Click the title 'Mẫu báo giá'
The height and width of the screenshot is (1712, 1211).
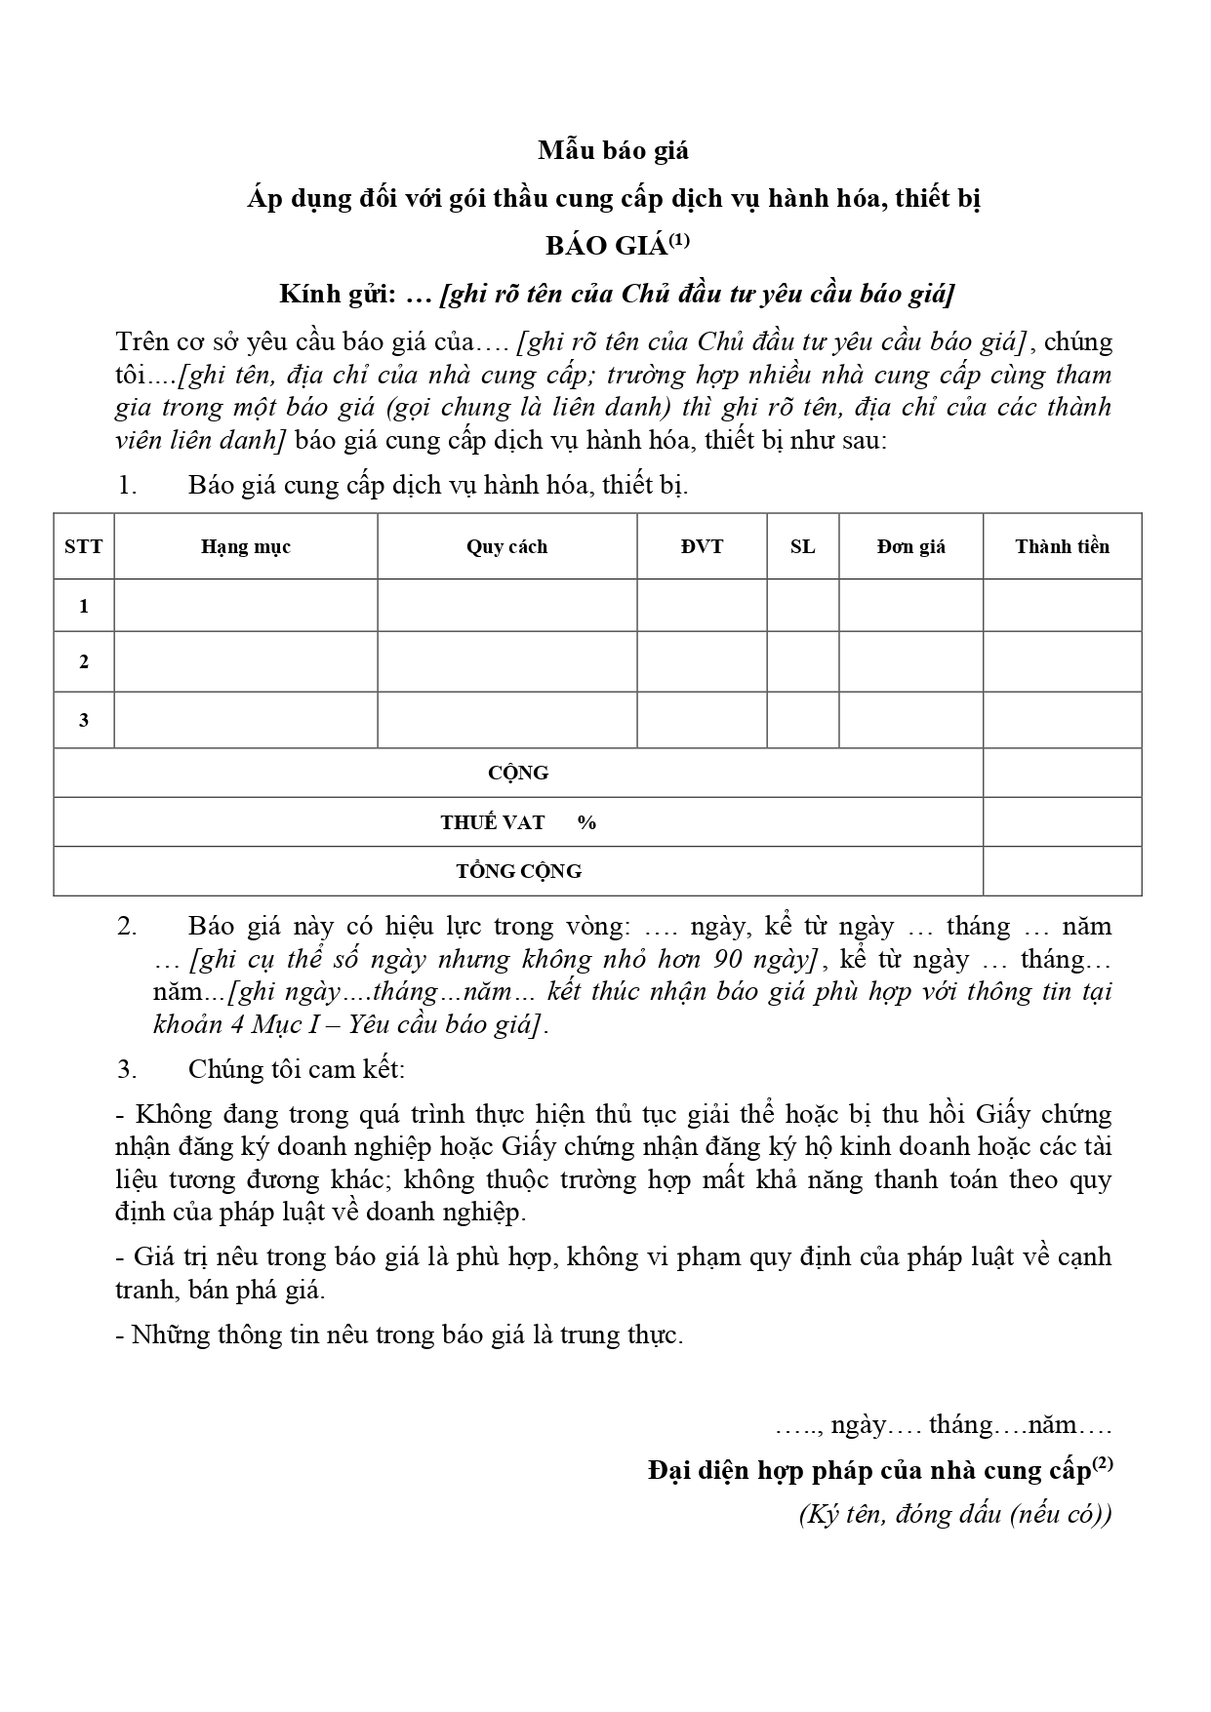click(x=613, y=150)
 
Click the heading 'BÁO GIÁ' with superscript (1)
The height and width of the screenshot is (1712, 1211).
click(x=617, y=246)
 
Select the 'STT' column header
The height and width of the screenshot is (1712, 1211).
click(x=84, y=546)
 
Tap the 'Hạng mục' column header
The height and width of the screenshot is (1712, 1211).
click(x=246, y=546)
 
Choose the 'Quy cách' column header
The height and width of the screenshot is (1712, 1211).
click(x=506, y=546)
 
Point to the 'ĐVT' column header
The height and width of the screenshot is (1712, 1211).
click(x=702, y=546)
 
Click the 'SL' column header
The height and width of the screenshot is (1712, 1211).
click(x=802, y=546)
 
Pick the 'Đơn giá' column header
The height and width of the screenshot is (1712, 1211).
click(x=910, y=546)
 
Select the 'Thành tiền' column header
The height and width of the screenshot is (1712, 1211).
click(x=1062, y=546)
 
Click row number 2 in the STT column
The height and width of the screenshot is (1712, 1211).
click(x=84, y=661)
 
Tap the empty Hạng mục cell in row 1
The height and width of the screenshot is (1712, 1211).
click(x=246, y=606)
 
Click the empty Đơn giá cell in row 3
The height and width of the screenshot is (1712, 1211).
click(x=910, y=720)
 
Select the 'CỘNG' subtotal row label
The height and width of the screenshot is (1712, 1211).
click(x=518, y=773)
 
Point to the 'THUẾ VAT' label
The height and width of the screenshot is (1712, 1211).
click(x=493, y=822)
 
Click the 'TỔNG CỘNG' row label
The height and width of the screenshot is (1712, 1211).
click(x=518, y=871)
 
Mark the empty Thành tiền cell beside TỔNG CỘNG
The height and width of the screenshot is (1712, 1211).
click(x=1062, y=871)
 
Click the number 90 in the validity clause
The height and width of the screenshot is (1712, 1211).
click(x=729, y=960)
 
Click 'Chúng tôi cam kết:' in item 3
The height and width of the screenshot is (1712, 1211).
click(x=297, y=1069)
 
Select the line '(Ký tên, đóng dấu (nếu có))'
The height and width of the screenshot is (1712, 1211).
click(x=954, y=1515)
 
